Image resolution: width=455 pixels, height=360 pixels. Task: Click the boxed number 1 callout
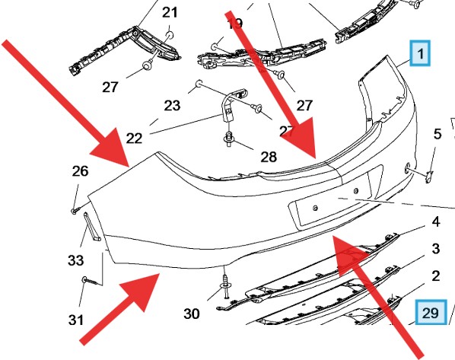[x=420, y=53]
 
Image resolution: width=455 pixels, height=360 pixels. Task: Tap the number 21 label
[x=169, y=12]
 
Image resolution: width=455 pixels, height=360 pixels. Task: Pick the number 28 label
[x=268, y=158]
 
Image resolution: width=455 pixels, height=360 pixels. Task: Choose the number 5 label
[x=437, y=135]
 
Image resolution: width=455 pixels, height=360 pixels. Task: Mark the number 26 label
[x=80, y=171]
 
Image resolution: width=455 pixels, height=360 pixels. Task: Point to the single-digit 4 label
[x=436, y=222]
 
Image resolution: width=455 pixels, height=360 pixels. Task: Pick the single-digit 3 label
[x=436, y=249]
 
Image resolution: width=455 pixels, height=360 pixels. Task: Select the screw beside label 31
[x=91, y=281]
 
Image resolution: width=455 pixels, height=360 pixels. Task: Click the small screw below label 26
[x=75, y=209]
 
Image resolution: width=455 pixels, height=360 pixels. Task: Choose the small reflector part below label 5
[x=428, y=177]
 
